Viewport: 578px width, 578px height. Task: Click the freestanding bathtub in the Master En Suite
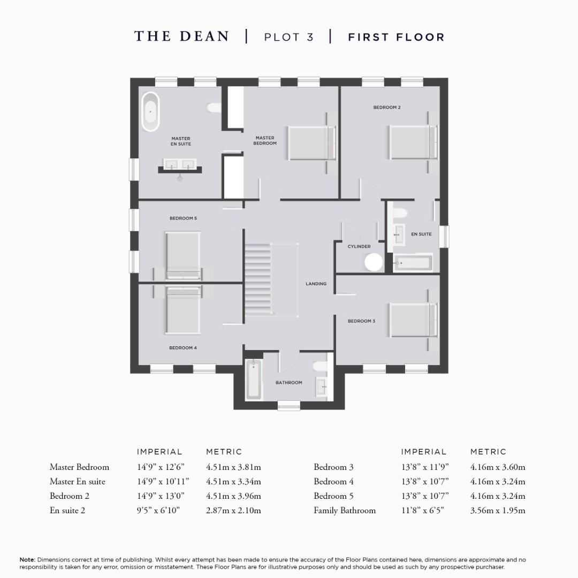150,112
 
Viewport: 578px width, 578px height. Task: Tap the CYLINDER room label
359,247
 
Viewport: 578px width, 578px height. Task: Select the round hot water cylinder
374,262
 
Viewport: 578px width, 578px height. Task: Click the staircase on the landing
258,279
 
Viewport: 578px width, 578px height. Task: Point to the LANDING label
316,284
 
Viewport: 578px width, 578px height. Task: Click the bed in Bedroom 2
413,142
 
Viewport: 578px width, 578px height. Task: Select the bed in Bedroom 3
413,320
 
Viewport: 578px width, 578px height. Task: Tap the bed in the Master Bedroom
311,143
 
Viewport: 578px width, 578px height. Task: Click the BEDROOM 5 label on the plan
183,218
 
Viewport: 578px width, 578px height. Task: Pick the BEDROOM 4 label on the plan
183,348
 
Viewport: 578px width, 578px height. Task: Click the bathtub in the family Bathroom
254,379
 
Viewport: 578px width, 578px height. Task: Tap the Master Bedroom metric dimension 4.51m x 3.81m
233,467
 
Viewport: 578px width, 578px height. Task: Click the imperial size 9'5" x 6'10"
158,511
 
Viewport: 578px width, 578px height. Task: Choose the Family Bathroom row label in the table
345,511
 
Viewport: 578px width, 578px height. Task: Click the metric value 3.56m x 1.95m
498,511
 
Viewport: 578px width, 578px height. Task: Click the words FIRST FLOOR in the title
396,37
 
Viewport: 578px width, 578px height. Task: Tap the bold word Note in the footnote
27,560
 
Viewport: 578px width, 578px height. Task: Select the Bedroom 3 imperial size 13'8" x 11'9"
425,467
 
